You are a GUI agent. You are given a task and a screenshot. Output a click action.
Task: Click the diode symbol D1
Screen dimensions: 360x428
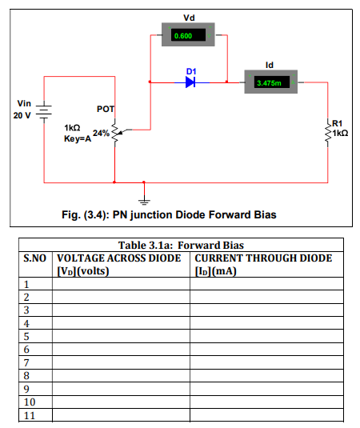coord(190,82)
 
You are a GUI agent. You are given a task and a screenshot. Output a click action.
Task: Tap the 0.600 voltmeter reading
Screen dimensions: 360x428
coord(183,36)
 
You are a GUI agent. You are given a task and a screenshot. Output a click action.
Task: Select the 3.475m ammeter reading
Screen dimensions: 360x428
coord(269,83)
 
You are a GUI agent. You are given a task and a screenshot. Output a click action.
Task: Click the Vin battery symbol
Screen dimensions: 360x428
coord(44,112)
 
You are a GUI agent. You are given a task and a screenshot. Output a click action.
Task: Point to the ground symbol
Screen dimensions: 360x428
coord(144,202)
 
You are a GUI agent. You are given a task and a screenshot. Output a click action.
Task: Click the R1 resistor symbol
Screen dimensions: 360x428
coord(328,132)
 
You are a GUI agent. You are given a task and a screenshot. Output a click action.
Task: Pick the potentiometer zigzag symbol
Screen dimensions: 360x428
coord(115,133)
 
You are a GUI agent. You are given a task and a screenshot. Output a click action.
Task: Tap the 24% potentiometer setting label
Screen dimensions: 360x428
coord(101,134)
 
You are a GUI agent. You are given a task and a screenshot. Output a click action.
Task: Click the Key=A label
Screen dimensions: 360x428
coord(78,138)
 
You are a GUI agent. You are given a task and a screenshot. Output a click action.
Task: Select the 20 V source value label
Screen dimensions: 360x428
coord(22,115)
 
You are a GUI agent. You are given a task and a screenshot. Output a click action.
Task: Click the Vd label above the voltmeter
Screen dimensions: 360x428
coord(189,18)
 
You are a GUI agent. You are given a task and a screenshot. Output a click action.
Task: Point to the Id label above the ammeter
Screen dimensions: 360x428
coord(270,65)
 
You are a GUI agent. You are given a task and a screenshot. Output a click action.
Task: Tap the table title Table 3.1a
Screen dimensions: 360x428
coord(145,245)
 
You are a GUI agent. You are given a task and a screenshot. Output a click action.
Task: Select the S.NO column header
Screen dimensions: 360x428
coord(35,258)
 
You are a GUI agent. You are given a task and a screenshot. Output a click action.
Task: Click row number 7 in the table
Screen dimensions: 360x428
coord(26,362)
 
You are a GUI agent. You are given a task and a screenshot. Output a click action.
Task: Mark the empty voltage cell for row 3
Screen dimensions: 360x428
coord(121,310)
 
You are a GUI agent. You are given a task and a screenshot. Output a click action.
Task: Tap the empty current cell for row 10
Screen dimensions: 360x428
coord(266,402)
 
